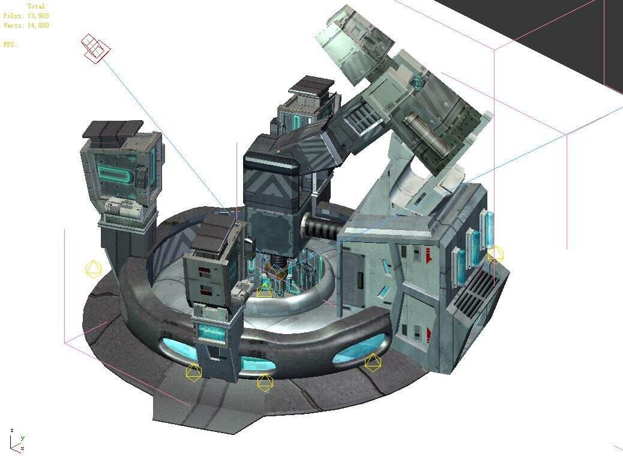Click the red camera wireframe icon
tap(95, 48)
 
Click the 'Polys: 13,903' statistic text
tap(25, 16)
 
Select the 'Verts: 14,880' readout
tap(26, 25)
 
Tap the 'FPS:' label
tap(10, 44)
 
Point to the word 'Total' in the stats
tap(36, 7)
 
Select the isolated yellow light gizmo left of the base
tap(93, 269)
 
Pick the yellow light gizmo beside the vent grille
tap(495, 255)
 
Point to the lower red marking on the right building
tap(429, 333)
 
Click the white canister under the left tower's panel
tap(123, 208)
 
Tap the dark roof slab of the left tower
tap(112, 128)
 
